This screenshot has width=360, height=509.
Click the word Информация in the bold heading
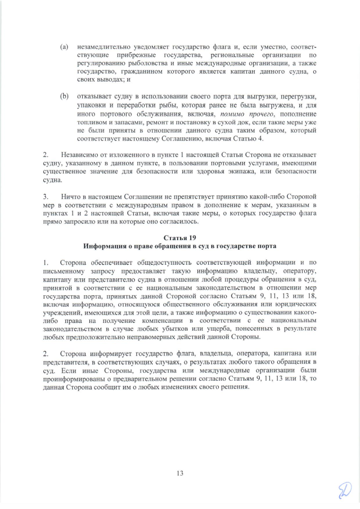coord(109,246)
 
